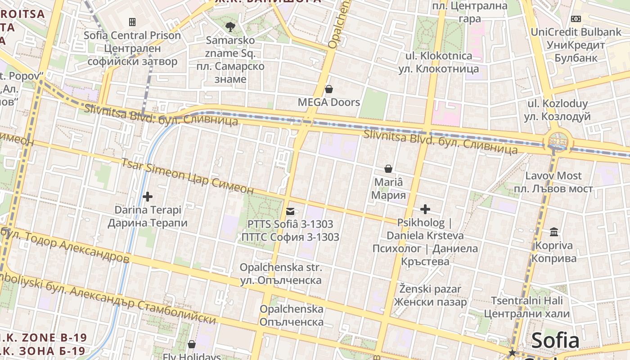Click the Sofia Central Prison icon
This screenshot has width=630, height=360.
(x=132, y=22)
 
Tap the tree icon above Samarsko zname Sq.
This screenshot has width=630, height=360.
(x=230, y=27)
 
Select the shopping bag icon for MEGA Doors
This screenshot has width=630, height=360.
(x=329, y=89)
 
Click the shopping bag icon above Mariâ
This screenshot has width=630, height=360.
(x=388, y=169)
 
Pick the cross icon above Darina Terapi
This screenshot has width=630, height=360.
(x=147, y=197)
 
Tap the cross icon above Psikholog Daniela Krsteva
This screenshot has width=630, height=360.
(x=425, y=209)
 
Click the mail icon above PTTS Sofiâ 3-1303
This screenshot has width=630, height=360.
(x=290, y=211)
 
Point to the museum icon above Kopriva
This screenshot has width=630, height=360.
(x=554, y=232)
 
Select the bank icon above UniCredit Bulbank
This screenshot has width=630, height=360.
(x=576, y=19)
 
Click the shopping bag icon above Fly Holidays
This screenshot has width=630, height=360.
(x=192, y=344)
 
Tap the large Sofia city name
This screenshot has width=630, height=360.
(x=555, y=341)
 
